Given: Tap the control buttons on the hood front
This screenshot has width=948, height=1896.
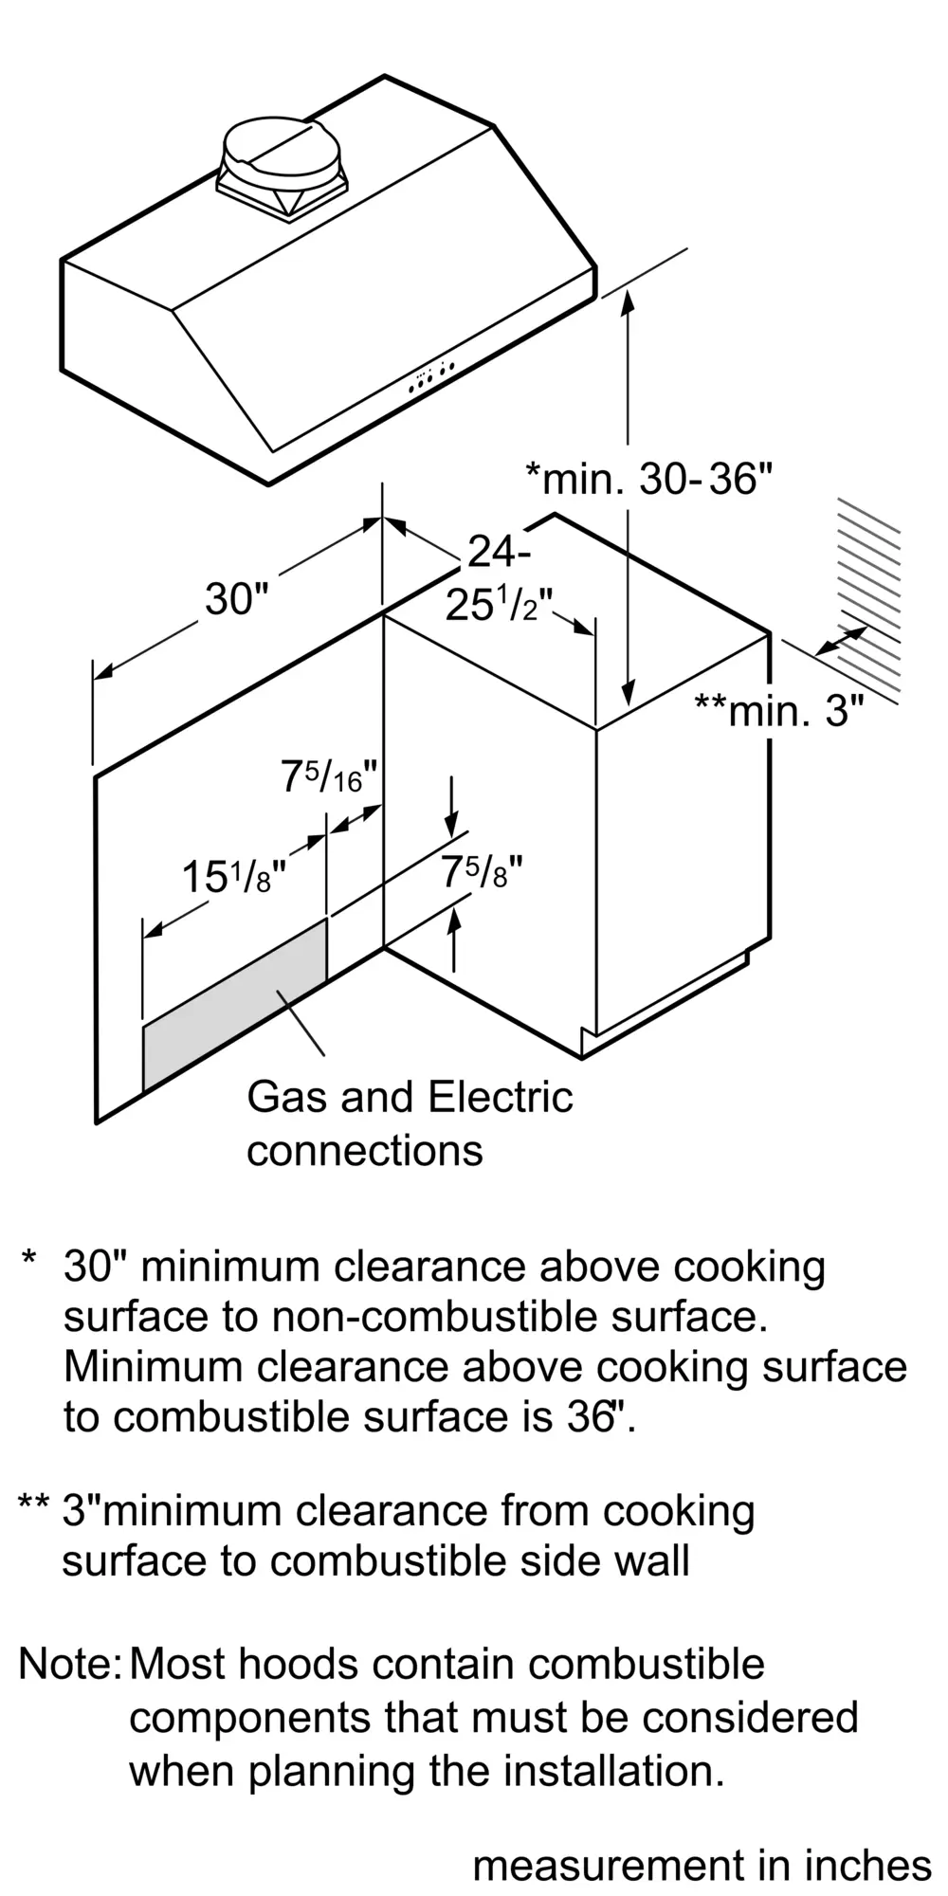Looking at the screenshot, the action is pos(431,375).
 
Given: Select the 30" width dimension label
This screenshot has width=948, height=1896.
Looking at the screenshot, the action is pos(237,599).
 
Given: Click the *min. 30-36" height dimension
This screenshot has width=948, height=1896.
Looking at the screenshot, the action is pos(650,479).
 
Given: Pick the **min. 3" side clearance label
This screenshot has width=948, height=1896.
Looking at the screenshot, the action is pos(779,710).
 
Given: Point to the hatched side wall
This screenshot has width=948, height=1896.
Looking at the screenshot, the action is pos(868,597).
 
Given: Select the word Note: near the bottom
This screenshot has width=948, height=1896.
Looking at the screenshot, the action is pos(69,1664).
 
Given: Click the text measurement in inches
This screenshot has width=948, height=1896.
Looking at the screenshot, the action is pos(702,1866).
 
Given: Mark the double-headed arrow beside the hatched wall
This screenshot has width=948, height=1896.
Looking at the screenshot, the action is pos(841,641).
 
